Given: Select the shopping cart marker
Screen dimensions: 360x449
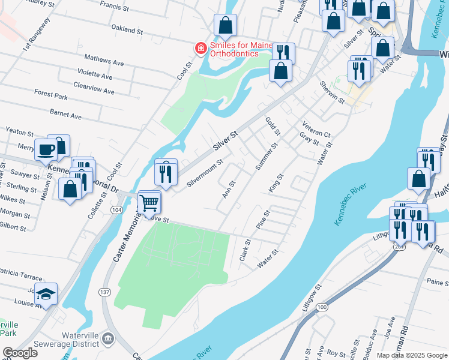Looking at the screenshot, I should pos(149,202).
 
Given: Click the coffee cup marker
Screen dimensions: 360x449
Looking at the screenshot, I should pos(45,149).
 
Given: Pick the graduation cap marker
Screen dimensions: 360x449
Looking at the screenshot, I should pos(46,294).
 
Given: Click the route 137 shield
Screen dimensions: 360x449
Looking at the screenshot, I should pos(105,292).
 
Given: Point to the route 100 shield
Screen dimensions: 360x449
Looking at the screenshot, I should pos(322,307).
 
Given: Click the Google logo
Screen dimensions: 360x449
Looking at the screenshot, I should pos(20,353).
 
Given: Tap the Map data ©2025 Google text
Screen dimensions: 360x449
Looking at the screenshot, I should pos(412,355).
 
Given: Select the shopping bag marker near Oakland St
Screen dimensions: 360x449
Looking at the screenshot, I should pos(226,25).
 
